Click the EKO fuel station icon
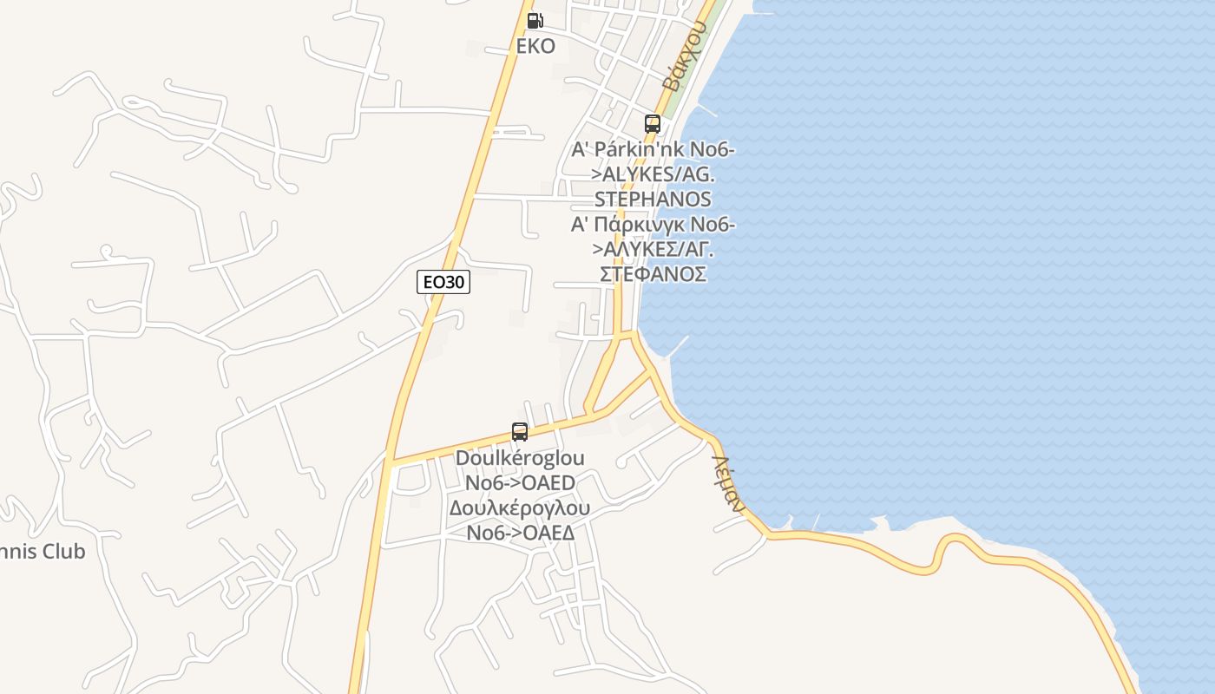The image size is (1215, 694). coord(535,21)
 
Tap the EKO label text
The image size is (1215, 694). coord(535,46)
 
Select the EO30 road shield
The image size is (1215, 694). coord(443,282)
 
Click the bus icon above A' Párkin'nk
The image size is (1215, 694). coord(653,124)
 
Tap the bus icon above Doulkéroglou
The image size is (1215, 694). coord(520,431)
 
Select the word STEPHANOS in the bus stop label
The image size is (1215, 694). coord(653,200)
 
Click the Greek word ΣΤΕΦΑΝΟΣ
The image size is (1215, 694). coord(653,274)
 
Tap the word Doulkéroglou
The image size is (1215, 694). coord(520,458)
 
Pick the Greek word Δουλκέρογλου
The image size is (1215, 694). coord(520,507)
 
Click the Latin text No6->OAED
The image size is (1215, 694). coord(520,482)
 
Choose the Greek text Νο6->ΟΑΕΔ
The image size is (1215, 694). coord(520,533)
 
